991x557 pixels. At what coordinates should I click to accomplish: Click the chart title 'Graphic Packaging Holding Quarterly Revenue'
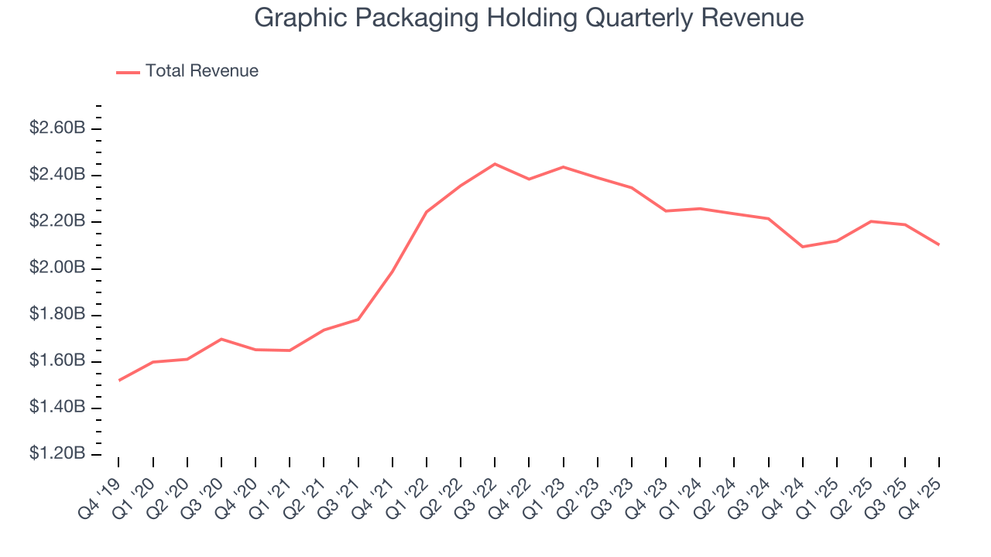pos(529,18)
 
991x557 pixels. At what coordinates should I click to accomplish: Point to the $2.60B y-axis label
pos(57,128)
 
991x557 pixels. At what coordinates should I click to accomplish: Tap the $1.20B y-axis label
pos(57,453)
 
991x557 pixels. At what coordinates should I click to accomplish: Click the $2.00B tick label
pos(57,268)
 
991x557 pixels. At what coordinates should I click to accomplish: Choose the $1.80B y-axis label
pos(57,314)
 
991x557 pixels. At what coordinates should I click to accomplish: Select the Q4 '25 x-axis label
pos(921,495)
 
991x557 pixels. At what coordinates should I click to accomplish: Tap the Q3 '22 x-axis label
pos(477,495)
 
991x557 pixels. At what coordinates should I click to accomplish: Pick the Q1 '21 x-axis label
pos(272,495)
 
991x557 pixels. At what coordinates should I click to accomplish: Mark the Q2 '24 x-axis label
pos(716,495)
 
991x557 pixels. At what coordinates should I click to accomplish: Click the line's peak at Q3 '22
pos(495,164)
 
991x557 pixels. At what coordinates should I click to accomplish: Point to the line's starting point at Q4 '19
pos(118,380)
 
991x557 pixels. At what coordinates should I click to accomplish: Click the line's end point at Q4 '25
pos(939,244)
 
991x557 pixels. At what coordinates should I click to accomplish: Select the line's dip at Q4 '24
pos(803,247)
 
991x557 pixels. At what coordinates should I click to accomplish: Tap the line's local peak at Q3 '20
pos(221,339)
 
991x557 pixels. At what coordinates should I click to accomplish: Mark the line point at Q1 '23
pos(564,167)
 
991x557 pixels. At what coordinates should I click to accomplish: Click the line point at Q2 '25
pos(871,221)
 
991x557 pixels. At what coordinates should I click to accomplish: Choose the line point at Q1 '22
pos(427,212)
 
